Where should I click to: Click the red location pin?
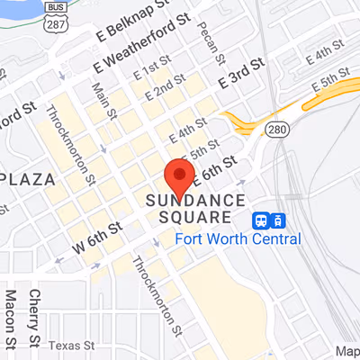click(180, 175)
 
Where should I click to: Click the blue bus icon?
click(261, 220)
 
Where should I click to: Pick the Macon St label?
click(11, 319)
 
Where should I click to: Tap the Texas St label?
click(71, 346)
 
